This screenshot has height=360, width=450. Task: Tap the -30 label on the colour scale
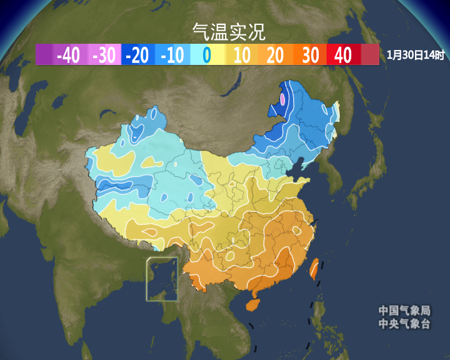(104, 56)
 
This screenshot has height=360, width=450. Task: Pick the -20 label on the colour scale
(137, 56)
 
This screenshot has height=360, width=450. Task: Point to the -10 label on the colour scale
(172, 56)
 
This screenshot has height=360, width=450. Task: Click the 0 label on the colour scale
(207, 56)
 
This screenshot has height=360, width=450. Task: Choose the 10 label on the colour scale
(242, 56)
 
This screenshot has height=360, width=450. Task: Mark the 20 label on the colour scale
(275, 56)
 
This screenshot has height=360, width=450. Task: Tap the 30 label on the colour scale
(311, 56)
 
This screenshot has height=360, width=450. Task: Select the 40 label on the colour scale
(343, 56)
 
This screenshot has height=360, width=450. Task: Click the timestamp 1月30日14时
(416, 56)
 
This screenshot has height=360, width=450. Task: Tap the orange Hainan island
(252, 304)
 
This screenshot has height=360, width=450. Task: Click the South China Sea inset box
(162, 279)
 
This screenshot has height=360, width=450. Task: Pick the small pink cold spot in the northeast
(282, 99)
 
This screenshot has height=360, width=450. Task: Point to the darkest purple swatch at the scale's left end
(44, 56)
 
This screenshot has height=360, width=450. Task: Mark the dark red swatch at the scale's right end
(370, 56)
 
